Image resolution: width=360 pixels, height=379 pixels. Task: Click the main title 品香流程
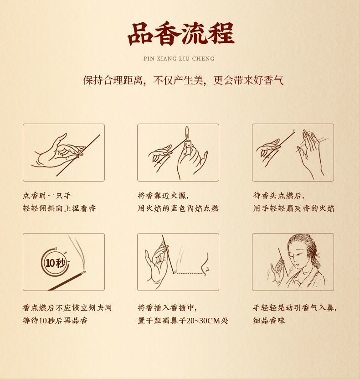click(181, 34)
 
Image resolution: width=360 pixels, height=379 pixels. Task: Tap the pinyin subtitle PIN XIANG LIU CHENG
click(179, 58)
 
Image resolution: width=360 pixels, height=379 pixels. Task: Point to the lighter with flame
click(187, 140)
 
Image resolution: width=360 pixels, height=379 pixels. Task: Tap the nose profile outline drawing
click(205, 265)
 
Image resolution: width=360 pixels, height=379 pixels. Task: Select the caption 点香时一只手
click(47, 195)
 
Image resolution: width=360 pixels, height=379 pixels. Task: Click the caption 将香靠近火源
click(163, 195)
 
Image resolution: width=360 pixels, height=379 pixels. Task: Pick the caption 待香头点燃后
click(279, 195)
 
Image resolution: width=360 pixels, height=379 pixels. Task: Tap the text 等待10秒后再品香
click(55, 321)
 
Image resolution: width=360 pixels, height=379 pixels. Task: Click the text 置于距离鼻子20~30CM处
click(183, 321)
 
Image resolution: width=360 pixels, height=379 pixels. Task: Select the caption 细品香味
click(269, 321)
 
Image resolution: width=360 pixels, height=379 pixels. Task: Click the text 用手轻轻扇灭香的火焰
click(293, 208)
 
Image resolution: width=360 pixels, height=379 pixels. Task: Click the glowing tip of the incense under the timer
click(83, 273)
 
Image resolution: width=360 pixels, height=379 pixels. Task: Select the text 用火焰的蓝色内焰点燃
click(178, 208)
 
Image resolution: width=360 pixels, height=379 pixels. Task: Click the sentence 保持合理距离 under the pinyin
click(113, 80)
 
